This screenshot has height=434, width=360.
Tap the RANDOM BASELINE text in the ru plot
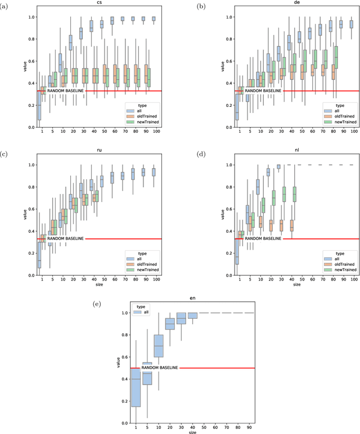66,239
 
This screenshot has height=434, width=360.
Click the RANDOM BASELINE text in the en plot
159,368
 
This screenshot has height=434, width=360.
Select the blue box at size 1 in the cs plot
38,103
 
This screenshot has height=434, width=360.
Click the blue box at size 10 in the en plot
159,346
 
